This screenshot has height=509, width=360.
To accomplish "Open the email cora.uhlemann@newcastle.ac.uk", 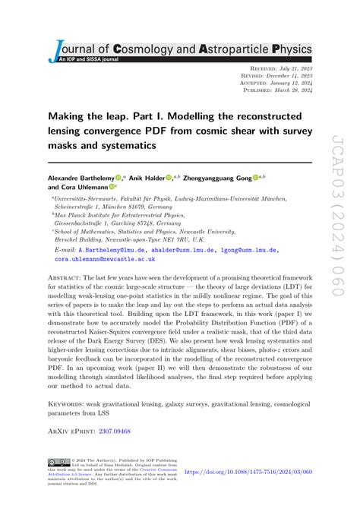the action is click(x=93, y=258).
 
